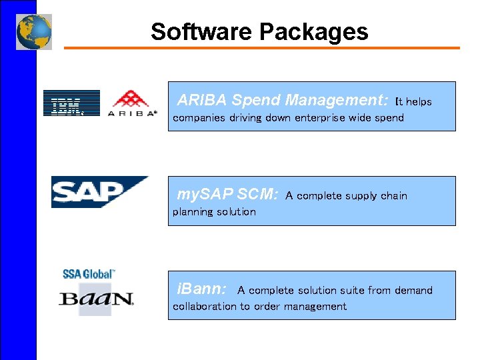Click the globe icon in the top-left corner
tap(34, 31)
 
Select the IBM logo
tap(71, 103)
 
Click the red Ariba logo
tap(133, 103)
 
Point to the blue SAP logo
tap(99, 192)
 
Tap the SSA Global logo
tap(89, 273)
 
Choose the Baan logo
tap(97, 299)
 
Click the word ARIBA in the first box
tap(202, 100)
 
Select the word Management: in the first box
tap(337, 100)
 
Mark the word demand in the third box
tap(415, 291)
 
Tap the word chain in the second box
tap(393, 196)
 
